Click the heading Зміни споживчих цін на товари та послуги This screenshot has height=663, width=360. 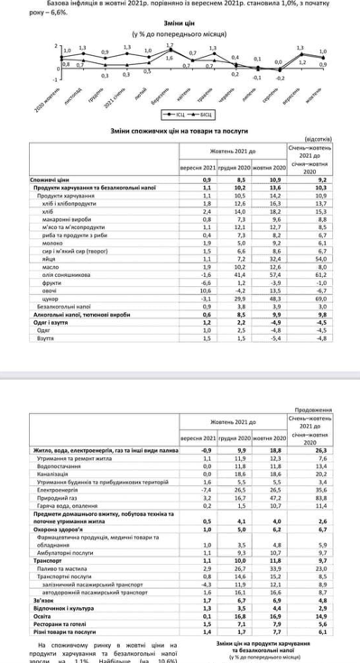(x=179, y=130)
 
